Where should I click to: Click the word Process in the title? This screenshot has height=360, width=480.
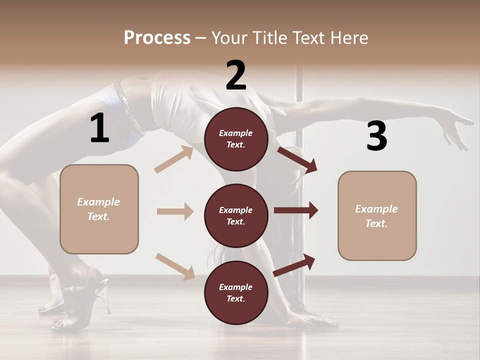coord(157,37)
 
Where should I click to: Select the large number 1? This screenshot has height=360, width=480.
coord(99,128)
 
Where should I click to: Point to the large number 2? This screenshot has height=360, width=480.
coord(236,75)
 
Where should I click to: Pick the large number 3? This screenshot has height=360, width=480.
coord(376,136)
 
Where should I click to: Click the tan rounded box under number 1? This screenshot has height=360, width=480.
coord(99,209)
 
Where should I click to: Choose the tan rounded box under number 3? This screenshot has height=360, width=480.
coord(377,215)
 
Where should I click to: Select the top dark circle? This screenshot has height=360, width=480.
coord(236,139)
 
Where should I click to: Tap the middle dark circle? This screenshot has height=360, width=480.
coord(236,215)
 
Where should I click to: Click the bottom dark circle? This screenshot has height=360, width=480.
coord(236,292)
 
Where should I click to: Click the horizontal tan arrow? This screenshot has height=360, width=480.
coord(175,211)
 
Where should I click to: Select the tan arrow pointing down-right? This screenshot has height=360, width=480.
coord(175,266)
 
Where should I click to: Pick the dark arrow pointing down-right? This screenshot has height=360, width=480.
coord(297,160)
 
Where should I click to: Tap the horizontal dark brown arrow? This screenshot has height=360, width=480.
coord(295,210)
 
